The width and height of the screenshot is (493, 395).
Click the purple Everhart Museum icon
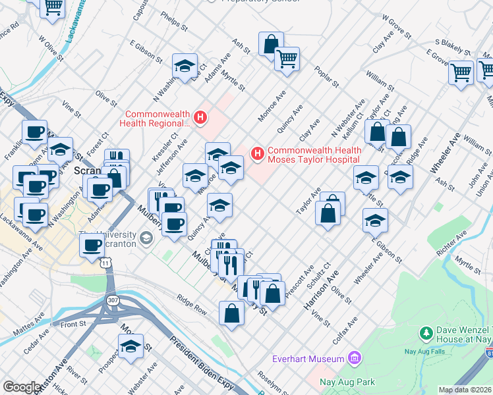click(x=355, y=358)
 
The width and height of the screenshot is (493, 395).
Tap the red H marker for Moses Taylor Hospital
click(x=257, y=154)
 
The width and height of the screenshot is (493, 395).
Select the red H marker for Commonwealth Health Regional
click(x=201, y=118)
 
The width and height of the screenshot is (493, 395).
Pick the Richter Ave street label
click(x=446, y=250)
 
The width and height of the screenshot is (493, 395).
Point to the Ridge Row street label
click(x=191, y=304)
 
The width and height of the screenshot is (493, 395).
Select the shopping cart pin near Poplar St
click(x=287, y=59)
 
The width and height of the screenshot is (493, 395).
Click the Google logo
click(x=22, y=387)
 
